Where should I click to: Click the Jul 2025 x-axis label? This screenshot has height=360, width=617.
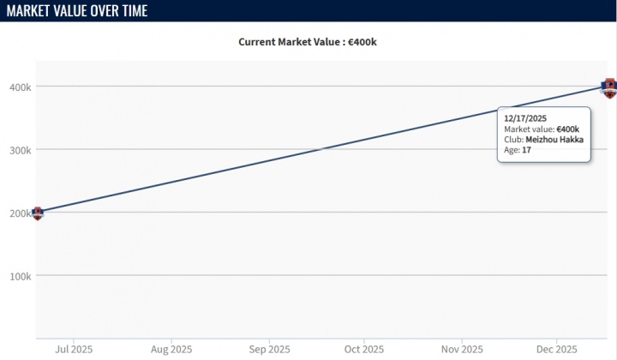point(74,349)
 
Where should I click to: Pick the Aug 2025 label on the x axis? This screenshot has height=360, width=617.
point(171,349)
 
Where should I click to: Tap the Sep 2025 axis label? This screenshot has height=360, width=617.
point(268,349)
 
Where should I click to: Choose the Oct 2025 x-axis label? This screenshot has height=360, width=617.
point(363,349)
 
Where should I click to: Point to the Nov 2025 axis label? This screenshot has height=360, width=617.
point(461,349)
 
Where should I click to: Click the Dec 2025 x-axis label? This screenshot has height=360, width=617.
point(556,349)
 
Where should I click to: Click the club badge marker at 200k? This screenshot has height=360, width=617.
point(37,213)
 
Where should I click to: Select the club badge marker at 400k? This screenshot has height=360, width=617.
point(609,87)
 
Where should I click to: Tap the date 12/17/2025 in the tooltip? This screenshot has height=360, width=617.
point(525,118)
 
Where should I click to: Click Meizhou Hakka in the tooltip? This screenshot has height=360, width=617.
point(554,139)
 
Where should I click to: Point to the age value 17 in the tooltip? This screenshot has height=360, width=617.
point(526,150)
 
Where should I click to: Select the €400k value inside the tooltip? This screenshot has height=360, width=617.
point(568,129)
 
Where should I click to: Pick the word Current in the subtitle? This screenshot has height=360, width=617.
point(258,41)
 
